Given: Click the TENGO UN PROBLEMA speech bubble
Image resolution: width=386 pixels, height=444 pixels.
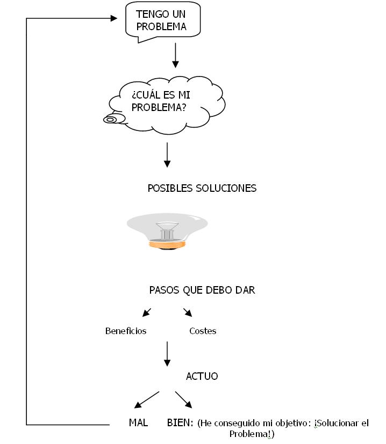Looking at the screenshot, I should pyautogui.click(x=162, y=20).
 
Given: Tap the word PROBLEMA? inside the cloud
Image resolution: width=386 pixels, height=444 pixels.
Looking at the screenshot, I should pyautogui.click(x=159, y=107).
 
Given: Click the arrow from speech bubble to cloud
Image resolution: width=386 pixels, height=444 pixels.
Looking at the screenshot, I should pyautogui.click(x=175, y=55).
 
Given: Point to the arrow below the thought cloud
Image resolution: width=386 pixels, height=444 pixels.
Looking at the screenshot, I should pyautogui.click(x=167, y=155).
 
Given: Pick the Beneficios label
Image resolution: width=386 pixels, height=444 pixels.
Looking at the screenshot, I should pyautogui.click(x=126, y=331).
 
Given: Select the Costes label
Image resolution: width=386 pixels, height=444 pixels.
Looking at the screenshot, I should pyautogui.click(x=203, y=331).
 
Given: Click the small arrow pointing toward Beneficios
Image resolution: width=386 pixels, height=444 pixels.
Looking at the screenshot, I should pyautogui.click(x=146, y=313).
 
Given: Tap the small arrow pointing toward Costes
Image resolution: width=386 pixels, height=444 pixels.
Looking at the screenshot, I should pyautogui.click(x=188, y=313).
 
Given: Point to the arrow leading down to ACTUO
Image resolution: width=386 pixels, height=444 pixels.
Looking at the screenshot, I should pyautogui.click(x=167, y=353).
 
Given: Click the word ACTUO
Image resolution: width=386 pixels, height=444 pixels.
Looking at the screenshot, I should pyautogui.click(x=202, y=376).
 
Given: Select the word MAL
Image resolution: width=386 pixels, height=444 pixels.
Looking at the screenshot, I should pyautogui.click(x=138, y=422).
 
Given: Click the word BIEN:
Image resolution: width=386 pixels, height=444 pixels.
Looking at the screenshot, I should pyautogui.click(x=180, y=422).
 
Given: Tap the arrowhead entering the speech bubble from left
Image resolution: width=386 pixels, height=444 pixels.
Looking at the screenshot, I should pyautogui.click(x=113, y=18).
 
